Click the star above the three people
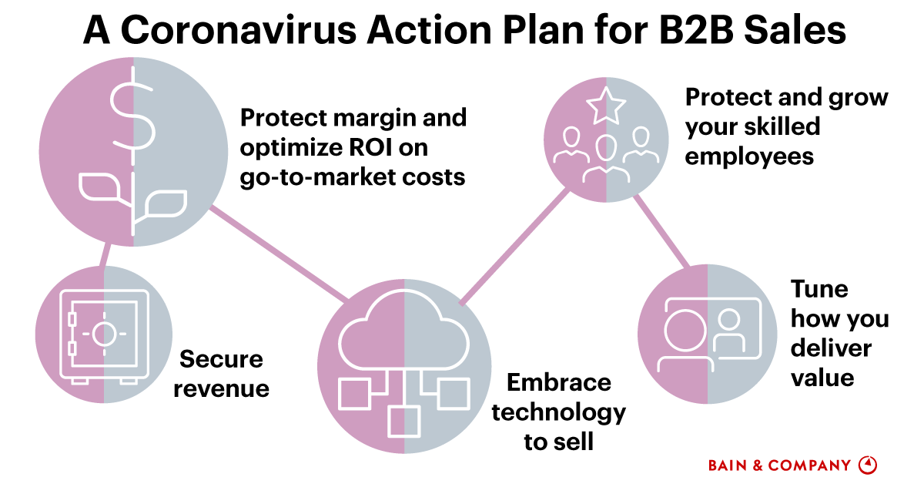coord(606,106)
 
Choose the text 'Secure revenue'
coord(221,374)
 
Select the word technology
coord(558,412)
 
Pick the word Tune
coord(819,290)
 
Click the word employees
coord(749,156)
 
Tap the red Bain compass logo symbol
coord(868,465)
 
